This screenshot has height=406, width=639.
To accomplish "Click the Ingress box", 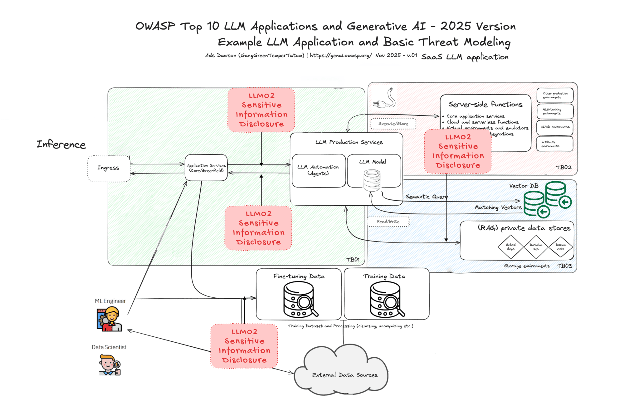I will point(109,169).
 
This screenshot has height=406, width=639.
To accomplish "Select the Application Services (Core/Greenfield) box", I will point(206,168).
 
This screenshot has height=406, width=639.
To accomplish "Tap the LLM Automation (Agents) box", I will point(318,171).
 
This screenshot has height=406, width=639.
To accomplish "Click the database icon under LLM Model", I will point(372,180).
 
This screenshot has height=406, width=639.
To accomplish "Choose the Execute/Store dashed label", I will point(393,124).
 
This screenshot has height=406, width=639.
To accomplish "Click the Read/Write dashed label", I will point(388,222).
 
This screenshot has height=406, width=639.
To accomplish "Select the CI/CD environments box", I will point(555,127).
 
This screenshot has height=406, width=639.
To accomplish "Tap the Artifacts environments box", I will point(555,144).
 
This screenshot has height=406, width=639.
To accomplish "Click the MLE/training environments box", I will point(555,111).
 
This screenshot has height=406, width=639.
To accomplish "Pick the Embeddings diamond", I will point(510,247).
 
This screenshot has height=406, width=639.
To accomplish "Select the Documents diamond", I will point(560,247).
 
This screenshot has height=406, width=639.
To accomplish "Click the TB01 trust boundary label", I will point(353,260).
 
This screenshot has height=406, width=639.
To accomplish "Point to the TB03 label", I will point(564,266).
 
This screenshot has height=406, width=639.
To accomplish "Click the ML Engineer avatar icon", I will point(109,319).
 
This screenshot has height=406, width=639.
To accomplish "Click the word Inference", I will point(61,144).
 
